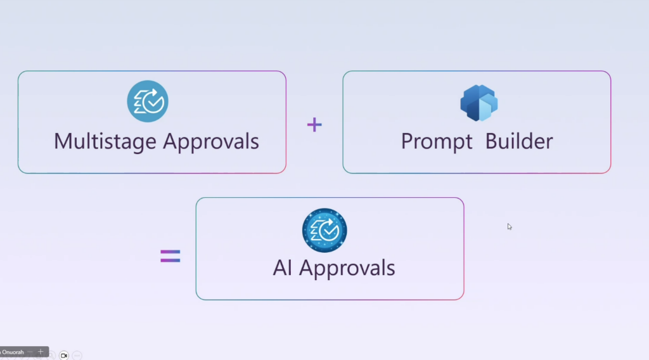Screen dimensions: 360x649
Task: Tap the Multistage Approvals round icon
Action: (x=148, y=101)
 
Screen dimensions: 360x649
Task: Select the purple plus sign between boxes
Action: (x=314, y=124)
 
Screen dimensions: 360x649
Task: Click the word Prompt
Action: (x=437, y=141)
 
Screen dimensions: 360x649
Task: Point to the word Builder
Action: (x=519, y=141)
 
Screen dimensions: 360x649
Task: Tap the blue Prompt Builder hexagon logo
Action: (x=479, y=103)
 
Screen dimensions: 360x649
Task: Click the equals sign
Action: (x=170, y=256)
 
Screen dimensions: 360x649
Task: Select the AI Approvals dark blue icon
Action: (x=324, y=229)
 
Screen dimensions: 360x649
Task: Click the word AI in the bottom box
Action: (x=283, y=267)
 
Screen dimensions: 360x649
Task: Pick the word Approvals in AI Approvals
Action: (x=347, y=268)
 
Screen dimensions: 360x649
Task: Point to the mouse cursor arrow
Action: (x=509, y=226)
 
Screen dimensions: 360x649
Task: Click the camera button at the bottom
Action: (x=64, y=356)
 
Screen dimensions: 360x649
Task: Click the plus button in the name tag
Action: (x=41, y=351)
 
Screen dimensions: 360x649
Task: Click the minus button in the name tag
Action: (x=30, y=351)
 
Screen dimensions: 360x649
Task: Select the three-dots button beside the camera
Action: (x=77, y=356)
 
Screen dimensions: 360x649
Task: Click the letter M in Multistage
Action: (x=62, y=141)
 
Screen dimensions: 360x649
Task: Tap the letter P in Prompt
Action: (x=407, y=141)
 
